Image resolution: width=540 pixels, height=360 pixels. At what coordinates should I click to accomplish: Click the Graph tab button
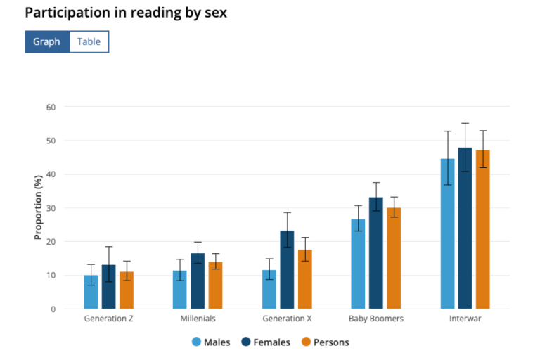[47, 41]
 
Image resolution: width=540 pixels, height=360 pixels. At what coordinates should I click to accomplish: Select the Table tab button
[89, 41]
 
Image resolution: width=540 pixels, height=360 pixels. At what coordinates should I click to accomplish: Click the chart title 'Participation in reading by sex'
[126, 13]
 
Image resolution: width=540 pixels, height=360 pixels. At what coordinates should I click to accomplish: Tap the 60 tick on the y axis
[51, 107]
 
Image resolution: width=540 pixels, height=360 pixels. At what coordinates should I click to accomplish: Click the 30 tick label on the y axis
[51, 208]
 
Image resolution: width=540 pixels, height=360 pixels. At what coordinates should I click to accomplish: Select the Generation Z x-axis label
[108, 319]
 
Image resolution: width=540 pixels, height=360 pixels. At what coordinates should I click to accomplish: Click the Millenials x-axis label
[198, 319]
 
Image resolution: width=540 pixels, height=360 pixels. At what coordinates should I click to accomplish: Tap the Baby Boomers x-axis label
[376, 319]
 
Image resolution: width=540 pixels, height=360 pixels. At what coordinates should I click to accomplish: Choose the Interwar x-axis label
[465, 319]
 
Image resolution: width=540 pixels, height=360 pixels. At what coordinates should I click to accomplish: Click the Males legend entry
[211, 342]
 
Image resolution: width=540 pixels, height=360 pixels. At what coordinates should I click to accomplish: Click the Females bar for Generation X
[287, 270]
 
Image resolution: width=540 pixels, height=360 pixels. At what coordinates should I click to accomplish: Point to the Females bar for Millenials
[198, 281]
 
